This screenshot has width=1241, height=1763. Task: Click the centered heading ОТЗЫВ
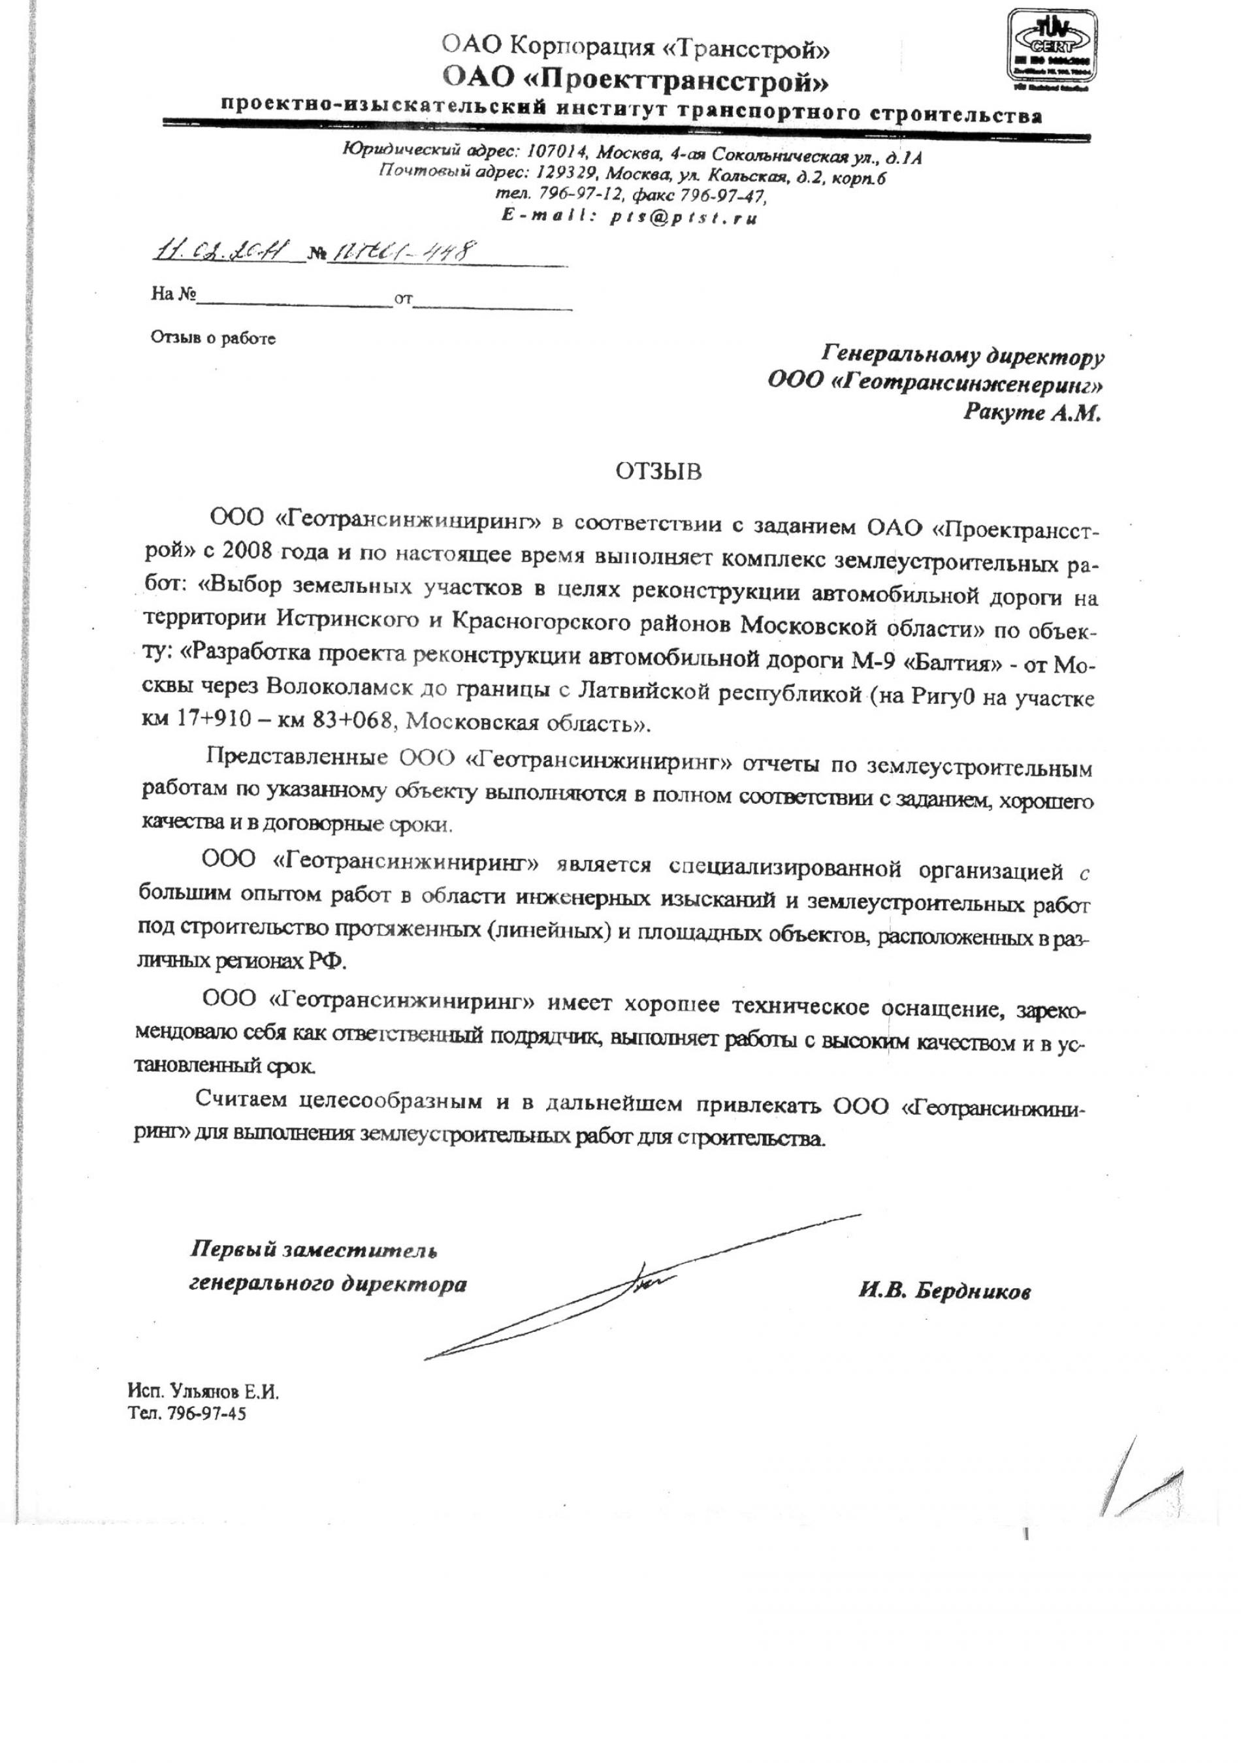pyautogui.click(x=658, y=471)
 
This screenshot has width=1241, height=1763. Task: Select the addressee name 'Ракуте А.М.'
pyautogui.click(x=1031, y=413)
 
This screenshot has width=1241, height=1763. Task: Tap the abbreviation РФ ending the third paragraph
pyautogui.click(x=331, y=961)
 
